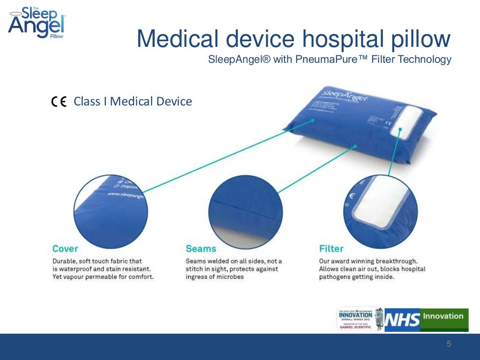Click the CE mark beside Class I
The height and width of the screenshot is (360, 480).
point(59,102)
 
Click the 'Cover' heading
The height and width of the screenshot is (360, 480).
point(65,248)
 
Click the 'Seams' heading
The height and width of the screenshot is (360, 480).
point(201,248)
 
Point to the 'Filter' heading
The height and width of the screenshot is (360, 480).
point(331,248)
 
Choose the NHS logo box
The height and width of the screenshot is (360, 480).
point(402,320)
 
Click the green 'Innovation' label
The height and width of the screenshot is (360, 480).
point(443,315)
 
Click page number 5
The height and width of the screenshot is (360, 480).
point(449,345)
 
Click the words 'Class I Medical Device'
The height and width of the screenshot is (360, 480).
point(133,101)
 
